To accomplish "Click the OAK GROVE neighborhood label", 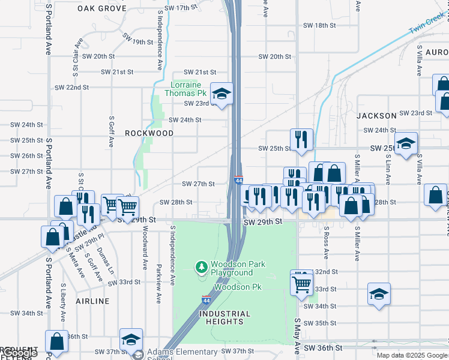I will coord(102,9).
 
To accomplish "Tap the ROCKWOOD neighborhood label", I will coord(149,133).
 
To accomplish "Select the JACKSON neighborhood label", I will coord(376,115).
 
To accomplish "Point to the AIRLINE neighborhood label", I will coord(92,301).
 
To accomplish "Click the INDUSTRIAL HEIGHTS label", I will coord(225,318).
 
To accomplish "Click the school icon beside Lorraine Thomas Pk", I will coord(221,94).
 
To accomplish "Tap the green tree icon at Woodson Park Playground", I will coord(202,266).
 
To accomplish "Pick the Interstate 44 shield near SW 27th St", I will coord(238,180).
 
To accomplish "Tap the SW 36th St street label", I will coord(322,348).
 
